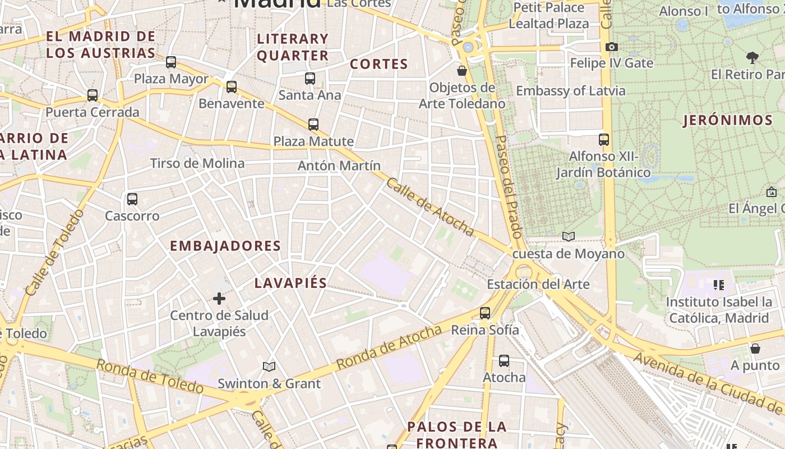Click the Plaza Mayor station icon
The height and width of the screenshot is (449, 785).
pyautogui.click(x=171, y=62)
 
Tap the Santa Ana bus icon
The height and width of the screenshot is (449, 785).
pyautogui.click(x=310, y=79)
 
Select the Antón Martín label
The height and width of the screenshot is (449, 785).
pyautogui.click(x=339, y=166)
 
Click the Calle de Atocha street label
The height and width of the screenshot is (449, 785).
pyautogui.click(x=430, y=207)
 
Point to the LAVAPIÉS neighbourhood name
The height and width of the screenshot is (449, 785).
pyautogui.click(x=290, y=283)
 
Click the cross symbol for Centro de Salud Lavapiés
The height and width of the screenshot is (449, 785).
pyautogui.click(x=219, y=299)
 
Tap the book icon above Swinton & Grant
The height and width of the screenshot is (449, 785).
pyautogui.click(x=269, y=366)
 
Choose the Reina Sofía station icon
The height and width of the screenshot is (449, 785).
pyautogui.click(x=485, y=313)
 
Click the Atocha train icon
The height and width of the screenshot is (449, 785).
pyautogui.click(x=504, y=361)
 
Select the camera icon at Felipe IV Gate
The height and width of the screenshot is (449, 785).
pyautogui.click(x=612, y=47)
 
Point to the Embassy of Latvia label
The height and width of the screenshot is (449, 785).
pyautogui.click(x=570, y=90)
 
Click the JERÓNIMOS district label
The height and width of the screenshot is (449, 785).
pyautogui.click(x=728, y=120)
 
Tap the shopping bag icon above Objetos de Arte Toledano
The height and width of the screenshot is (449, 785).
pyautogui.click(x=462, y=71)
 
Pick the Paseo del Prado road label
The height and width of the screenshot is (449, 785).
pyautogui.click(x=509, y=185)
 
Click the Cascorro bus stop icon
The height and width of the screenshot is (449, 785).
pyautogui.click(x=132, y=199)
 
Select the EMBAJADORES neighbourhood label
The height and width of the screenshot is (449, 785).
pyautogui.click(x=225, y=246)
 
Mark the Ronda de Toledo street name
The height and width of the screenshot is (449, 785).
pyautogui.click(x=150, y=376)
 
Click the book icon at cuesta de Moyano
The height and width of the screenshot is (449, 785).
pyautogui.click(x=569, y=237)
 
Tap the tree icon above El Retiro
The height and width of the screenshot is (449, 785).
pyautogui.click(x=752, y=57)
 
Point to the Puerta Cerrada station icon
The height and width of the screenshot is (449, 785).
pyautogui.click(x=93, y=95)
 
